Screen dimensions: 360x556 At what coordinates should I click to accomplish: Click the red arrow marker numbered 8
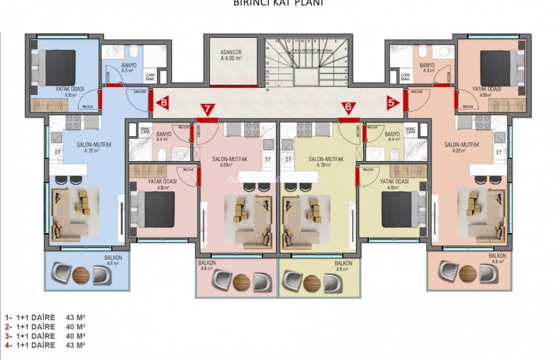163,102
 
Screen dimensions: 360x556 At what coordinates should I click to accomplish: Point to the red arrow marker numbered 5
391,102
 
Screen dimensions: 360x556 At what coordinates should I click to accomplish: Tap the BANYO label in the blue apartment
128,65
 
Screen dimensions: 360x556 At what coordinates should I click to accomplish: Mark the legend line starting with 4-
45,344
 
